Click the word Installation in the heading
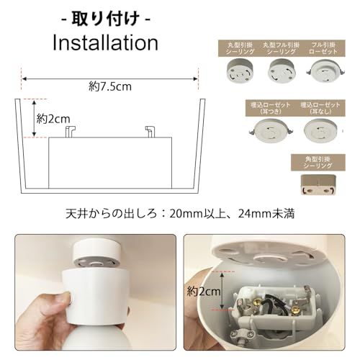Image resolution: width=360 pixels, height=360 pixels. (105, 41)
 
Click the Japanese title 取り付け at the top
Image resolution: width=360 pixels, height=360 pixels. (106, 16)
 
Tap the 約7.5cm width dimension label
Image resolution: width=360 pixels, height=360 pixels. (111, 86)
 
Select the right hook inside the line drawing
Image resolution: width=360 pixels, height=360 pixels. (149, 131)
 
